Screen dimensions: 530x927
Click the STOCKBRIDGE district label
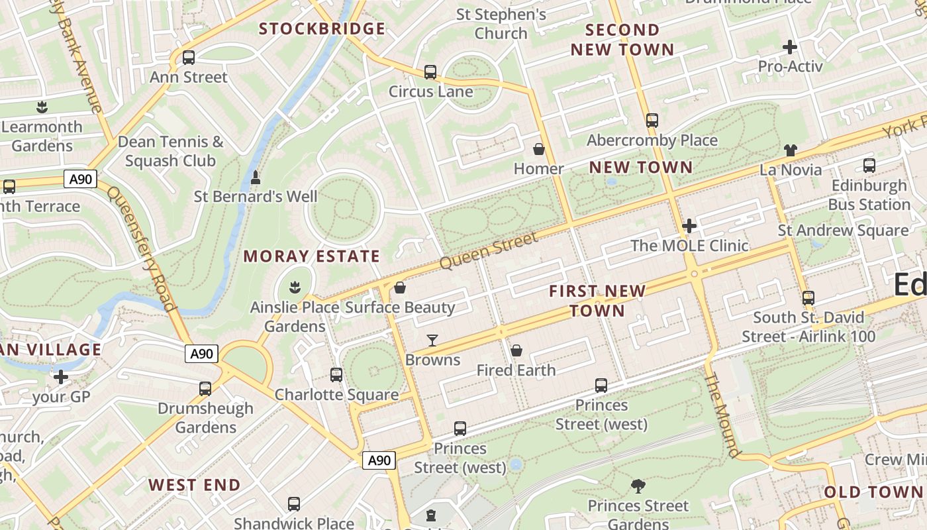point(322,28)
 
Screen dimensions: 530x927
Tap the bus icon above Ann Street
point(189,58)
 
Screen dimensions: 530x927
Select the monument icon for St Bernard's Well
point(256,178)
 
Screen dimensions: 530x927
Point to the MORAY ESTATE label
point(312,256)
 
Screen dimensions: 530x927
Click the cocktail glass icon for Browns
point(432,341)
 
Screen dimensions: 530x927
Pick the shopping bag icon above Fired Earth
point(516,350)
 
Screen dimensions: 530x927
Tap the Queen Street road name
point(489,251)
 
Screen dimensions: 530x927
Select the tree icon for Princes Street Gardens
point(638,486)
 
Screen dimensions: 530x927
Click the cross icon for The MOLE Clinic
point(689,226)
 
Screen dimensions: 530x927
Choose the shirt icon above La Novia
point(791,150)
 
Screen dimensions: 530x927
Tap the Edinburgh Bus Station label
point(870,195)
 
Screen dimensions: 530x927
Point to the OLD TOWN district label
point(873,492)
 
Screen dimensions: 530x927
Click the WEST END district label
point(195,485)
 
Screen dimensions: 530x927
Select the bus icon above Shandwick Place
point(294,504)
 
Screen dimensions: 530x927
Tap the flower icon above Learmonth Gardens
point(42,107)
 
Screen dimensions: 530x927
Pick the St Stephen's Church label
point(501,23)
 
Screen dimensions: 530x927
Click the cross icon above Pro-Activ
point(789,47)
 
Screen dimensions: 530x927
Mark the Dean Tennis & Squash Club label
point(170,151)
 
